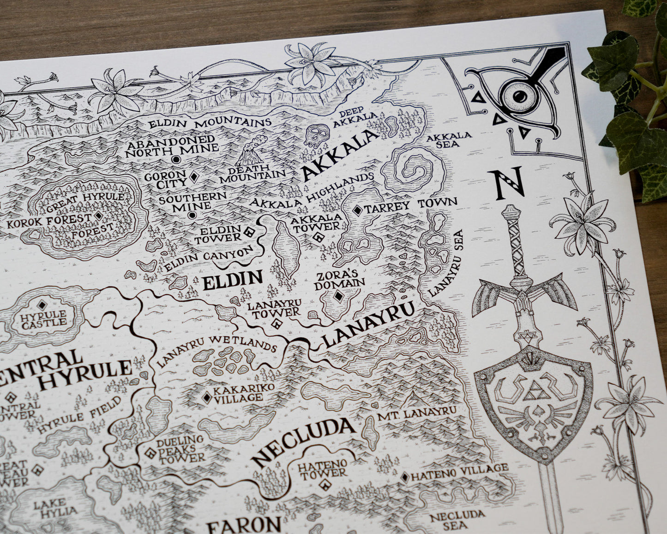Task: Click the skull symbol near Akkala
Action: [x=315, y=136]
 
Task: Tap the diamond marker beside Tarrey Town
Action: [x=357, y=210]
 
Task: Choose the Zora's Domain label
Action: [x=339, y=279]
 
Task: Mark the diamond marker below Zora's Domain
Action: [x=339, y=296]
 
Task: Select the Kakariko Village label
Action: [x=237, y=392]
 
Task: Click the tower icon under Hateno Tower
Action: [x=325, y=485]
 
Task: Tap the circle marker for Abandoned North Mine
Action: [x=175, y=159]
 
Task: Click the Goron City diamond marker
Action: [x=195, y=177]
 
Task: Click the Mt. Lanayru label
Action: [x=416, y=413]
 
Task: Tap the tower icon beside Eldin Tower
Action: [x=250, y=233]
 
